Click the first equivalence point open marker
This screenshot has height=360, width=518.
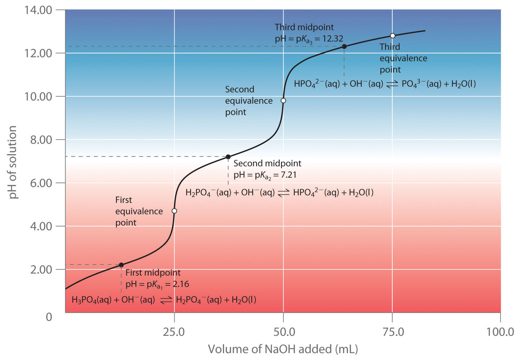174,211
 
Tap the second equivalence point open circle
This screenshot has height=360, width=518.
283,101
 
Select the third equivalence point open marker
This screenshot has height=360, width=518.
393,36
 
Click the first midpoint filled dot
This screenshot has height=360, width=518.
121,265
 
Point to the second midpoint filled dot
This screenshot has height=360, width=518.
228,157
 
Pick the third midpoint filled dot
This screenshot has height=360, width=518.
344,47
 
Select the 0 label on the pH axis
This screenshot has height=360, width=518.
49,317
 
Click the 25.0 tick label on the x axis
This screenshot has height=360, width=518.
174,332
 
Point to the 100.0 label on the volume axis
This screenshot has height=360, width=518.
500,332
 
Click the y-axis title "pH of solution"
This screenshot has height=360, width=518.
12,162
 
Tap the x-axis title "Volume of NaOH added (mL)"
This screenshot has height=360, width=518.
283,349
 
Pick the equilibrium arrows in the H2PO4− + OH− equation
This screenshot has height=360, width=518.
284,193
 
